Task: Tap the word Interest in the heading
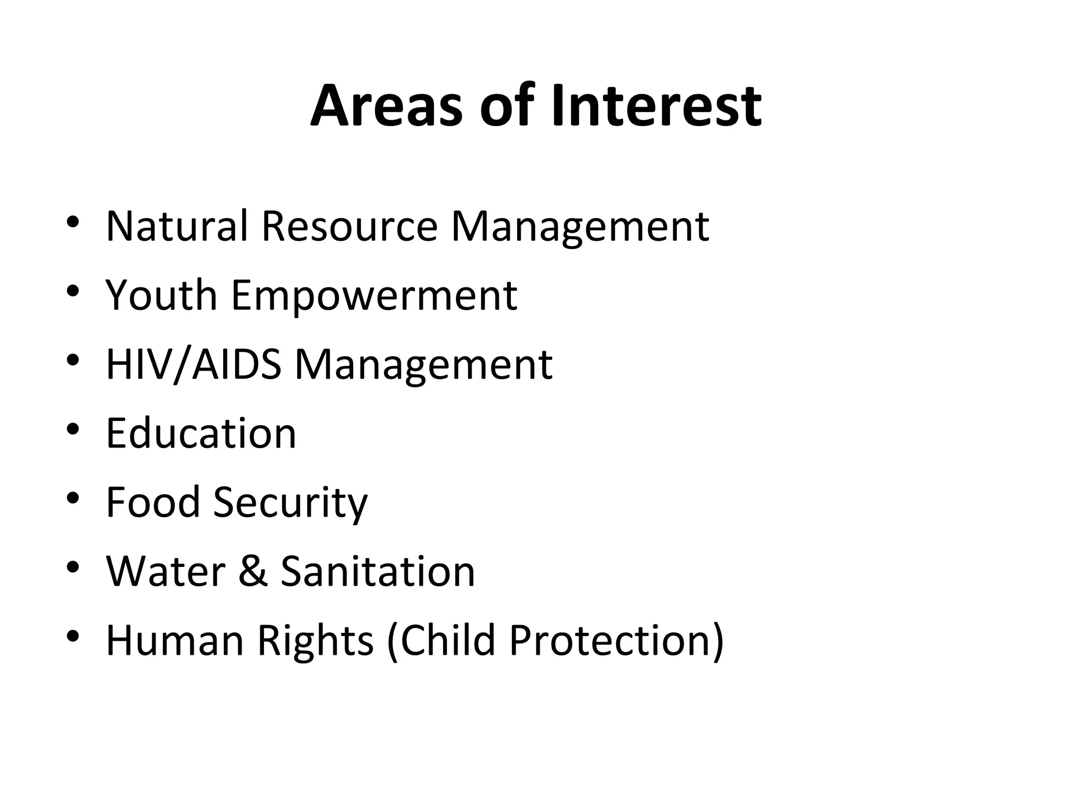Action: point(656,106)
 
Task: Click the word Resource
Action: point(349,226)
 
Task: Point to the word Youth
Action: point(161,295)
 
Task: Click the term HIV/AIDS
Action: point(193,364)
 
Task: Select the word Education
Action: point(201,433)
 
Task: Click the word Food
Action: point(153,502)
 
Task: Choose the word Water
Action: point(166,571)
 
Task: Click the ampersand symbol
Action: point(253,571)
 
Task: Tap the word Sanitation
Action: point(378,571)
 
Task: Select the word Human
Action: point(175,640)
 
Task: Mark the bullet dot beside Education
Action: point(73,429)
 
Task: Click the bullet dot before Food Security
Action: point(73,498)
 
